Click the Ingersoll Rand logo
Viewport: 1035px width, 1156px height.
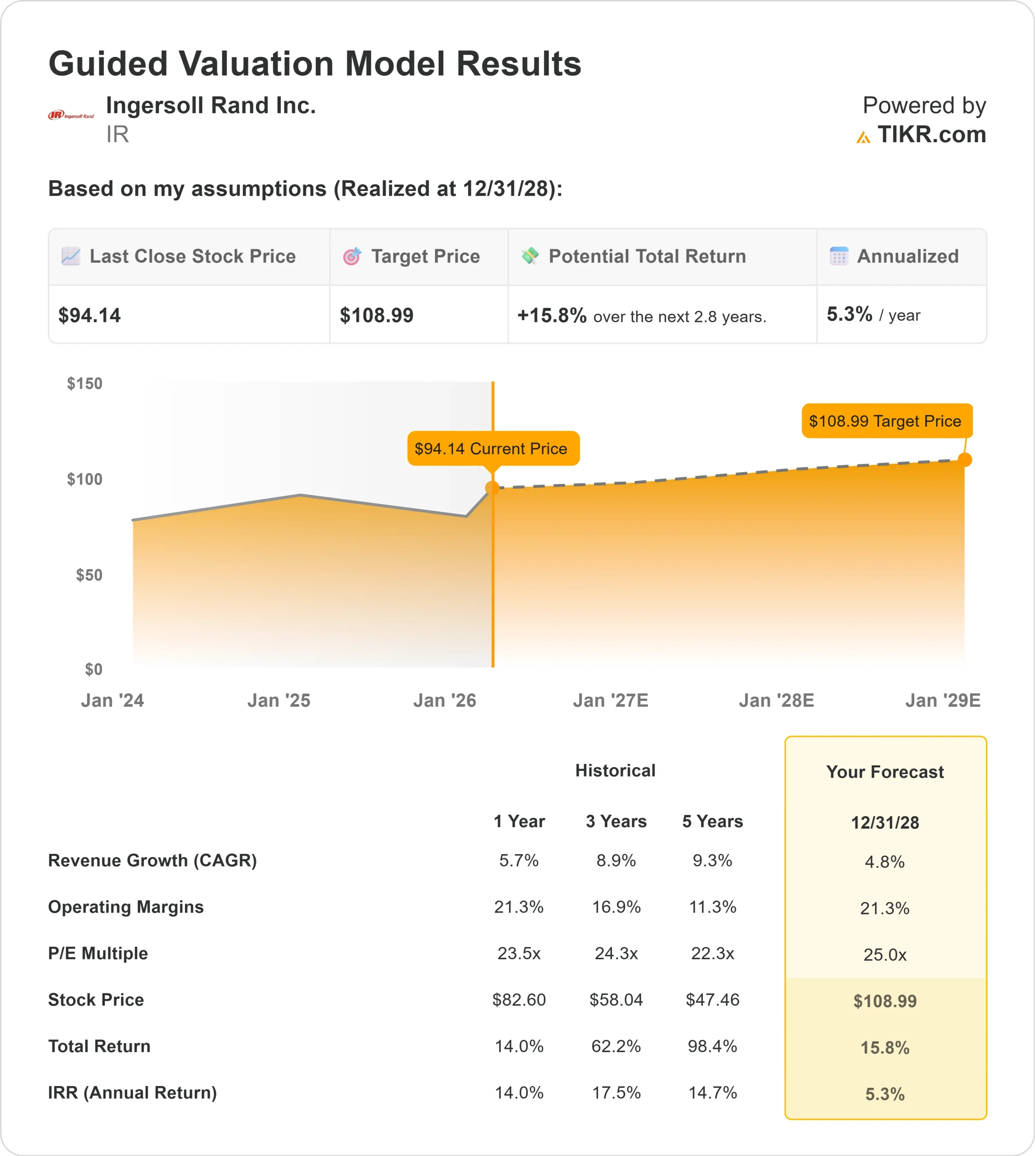pos(71,116)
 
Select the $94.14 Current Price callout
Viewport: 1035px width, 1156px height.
pos(493,448)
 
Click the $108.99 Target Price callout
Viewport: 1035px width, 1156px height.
pos(886,421)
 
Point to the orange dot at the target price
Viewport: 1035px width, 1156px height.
pos(965,460)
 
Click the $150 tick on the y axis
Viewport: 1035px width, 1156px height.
pos(85,383)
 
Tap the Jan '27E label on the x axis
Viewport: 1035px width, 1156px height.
pos(610,700)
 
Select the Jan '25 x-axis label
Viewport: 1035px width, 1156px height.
pos(278,700)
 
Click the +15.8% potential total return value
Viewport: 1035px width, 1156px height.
pos(552,315)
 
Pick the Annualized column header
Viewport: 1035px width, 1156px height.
pos(907,256)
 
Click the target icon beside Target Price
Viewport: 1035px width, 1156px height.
pos(352,256)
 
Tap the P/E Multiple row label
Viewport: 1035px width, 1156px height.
pos(98,953)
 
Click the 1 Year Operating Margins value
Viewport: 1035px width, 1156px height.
pos(519,907)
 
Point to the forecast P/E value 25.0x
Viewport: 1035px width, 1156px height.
pos(885,955)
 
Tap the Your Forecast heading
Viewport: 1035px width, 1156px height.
pos(885,772)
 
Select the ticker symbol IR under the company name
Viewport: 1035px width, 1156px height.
pos(118,135)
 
